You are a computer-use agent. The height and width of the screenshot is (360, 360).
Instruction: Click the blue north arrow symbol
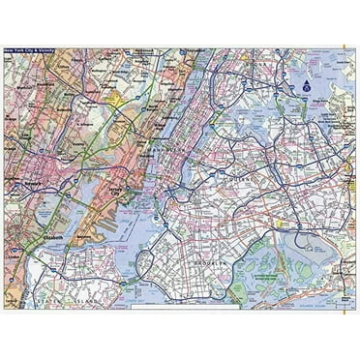303,86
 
